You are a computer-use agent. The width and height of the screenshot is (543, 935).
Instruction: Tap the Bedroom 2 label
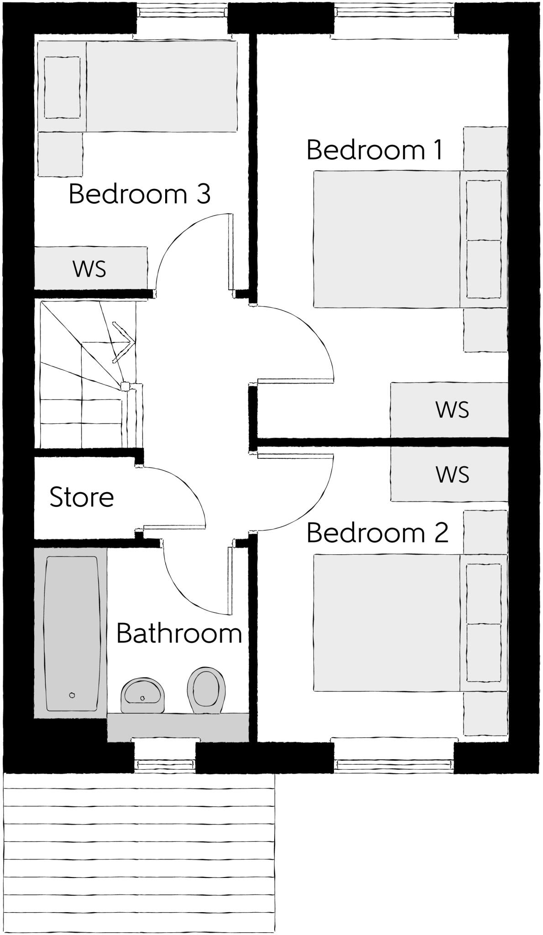377,533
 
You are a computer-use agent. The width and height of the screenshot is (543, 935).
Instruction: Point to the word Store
82,497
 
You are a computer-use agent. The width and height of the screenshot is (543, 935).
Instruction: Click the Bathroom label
179,634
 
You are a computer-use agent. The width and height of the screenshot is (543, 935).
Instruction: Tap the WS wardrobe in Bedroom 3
90,268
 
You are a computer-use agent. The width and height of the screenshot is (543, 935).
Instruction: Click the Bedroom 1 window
395,10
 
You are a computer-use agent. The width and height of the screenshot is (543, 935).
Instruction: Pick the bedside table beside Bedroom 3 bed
60,154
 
